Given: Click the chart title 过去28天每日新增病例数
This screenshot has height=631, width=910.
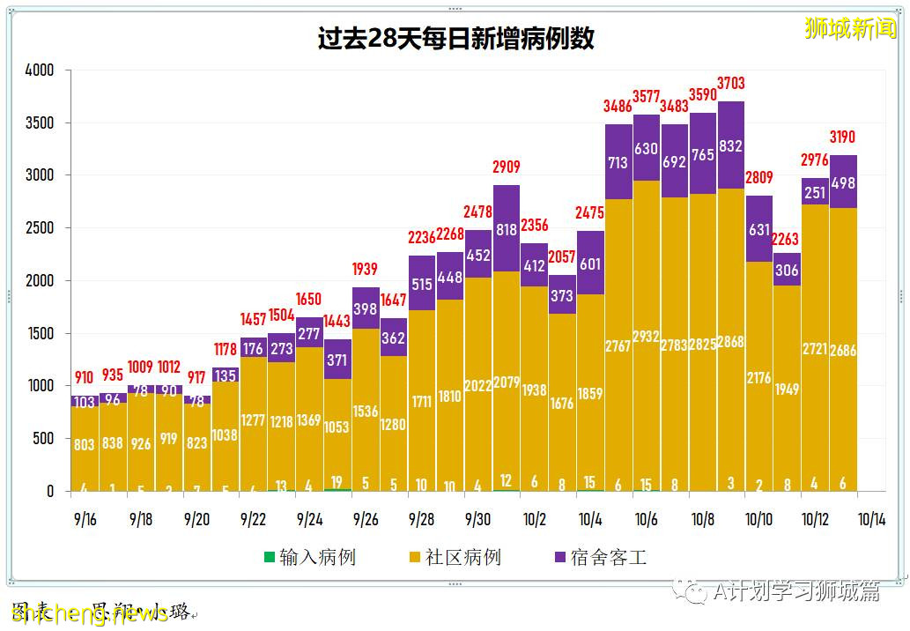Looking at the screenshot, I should coord(455,39).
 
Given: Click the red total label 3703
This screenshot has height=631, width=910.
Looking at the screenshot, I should coord(730,84).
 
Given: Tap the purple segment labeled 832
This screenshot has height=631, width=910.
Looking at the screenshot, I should coord(730,146).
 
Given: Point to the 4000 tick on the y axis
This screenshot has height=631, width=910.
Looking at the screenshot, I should coord(39,70).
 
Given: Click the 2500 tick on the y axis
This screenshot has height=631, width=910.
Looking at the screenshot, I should coord(39,228).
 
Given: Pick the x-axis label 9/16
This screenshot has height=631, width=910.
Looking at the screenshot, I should coord(85,520).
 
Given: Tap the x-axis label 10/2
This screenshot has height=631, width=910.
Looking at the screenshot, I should coord(534,520).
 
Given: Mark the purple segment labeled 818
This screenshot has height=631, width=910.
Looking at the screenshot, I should coord(506,228).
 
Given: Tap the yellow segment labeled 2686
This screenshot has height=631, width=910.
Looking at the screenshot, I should coord(843,350).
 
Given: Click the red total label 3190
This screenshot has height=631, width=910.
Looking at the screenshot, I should coord(843,137).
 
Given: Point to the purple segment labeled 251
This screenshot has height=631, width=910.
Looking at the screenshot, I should coord(815,192).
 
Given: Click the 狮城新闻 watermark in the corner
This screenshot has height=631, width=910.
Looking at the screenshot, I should coord(849,28).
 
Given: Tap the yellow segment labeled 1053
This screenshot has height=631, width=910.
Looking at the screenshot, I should coord(337,427).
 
